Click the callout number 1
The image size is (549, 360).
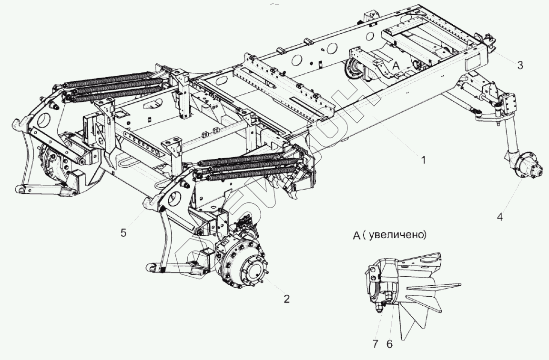(423, 161)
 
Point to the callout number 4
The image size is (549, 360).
(499, 217)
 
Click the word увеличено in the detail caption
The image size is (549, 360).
(399, 236)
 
